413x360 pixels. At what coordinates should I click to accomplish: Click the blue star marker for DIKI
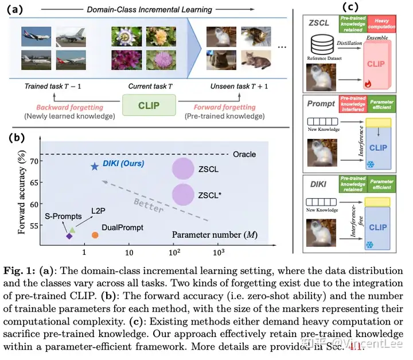pos(95,167)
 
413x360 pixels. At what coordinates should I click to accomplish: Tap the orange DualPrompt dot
pos(95,235)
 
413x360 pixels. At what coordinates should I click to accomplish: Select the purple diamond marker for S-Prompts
pos(69,236)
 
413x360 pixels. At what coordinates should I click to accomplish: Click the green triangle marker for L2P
pos(72,229)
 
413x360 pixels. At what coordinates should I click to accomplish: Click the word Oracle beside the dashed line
pos(244,154)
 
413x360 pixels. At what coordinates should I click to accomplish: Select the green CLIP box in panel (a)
pos(149,106)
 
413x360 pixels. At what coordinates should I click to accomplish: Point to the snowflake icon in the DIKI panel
pos(369,246)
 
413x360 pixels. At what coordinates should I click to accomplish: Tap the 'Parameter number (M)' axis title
pos(205,234)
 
